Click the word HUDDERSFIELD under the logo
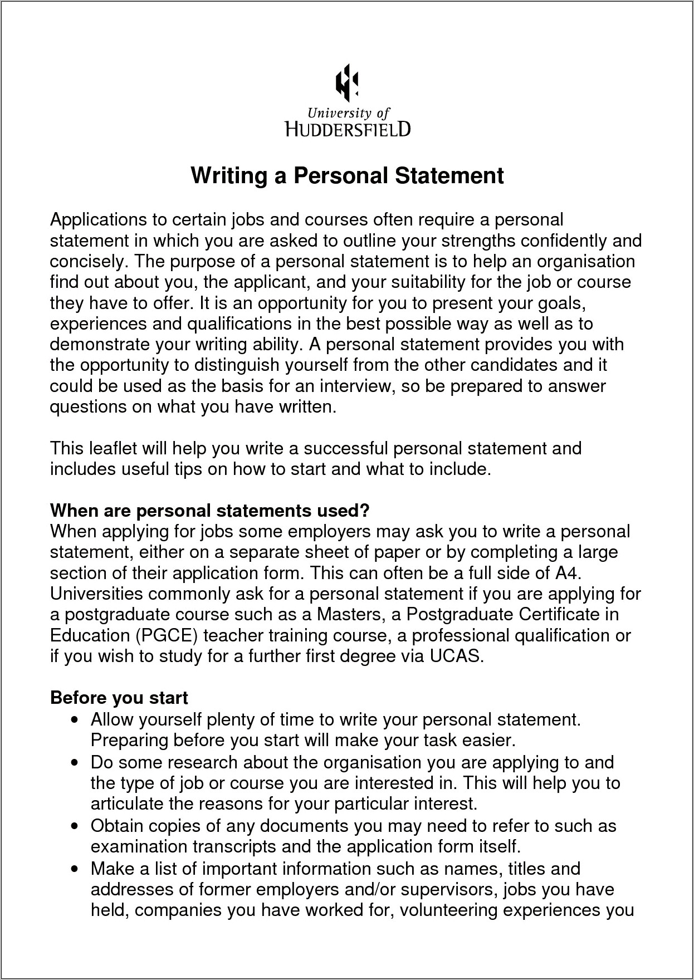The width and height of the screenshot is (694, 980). click(348, 130)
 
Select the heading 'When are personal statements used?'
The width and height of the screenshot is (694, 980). click(209, 511)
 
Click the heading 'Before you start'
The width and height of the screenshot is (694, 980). click(119, 698)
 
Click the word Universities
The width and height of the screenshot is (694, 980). click(96, 594)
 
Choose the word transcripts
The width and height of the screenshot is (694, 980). click(234, 846)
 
